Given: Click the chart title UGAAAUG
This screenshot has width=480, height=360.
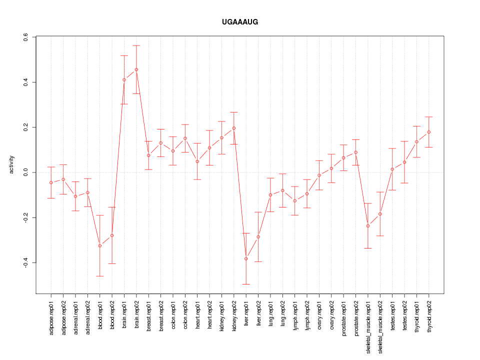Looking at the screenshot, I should coord(240,22).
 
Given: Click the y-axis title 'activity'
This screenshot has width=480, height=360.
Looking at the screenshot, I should coord(11,164).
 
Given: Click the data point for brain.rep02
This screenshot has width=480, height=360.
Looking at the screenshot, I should coord(136,69).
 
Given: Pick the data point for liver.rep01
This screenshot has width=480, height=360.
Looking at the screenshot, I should coord(246,258).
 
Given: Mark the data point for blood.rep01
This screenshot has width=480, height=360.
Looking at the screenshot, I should coord(100,245).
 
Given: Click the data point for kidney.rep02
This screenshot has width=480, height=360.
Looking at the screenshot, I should coord(234,128).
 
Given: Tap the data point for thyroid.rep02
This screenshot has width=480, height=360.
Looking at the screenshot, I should coord(429,132).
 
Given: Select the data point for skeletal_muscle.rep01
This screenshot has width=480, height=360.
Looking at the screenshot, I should coord(368,226).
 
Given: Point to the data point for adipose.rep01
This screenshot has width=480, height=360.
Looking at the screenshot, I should coord(51,182).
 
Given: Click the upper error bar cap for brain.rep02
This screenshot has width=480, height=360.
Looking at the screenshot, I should coord(136,45).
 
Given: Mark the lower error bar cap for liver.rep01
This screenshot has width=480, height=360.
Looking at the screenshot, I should coord(246,284).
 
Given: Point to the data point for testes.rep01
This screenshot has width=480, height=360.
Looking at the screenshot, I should coord(392,169).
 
